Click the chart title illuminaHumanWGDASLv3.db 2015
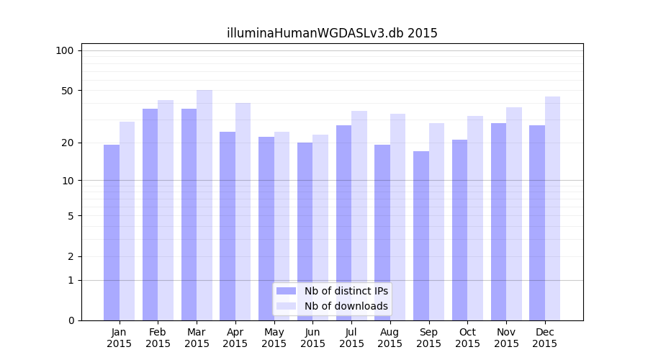332,33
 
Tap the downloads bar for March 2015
204,205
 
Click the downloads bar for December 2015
552,208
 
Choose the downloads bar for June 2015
320,228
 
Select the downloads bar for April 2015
243,212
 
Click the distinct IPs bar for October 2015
460,230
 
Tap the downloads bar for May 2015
282,226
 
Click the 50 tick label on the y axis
68,91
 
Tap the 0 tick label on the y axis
71,320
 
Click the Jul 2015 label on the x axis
351,338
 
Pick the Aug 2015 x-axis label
390,338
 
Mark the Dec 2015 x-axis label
545,338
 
